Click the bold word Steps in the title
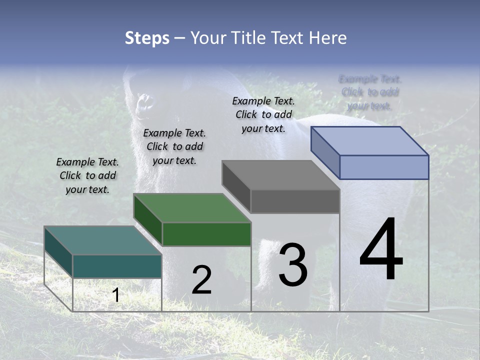point(147,38)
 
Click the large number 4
point(381,249)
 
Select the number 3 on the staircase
point(293,264)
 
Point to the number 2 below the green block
point(201,280)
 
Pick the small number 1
point(115,295)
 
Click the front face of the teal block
point(117,266)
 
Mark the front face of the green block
point(206,234)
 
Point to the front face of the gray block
point(295,201)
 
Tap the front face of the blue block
point(384,167)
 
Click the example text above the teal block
point(87,175)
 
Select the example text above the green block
point(174,146)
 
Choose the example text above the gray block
point(263,114)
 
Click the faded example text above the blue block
point(370,92)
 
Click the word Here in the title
point(328,38)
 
